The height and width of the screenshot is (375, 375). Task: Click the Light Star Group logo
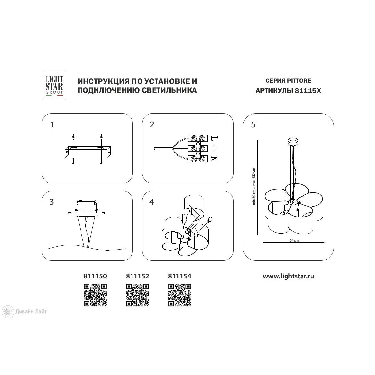point(54,86)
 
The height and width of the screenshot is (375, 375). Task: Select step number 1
point(52,124)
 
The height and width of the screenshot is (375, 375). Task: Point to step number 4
point(152,202)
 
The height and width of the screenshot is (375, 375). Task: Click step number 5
point(253,124)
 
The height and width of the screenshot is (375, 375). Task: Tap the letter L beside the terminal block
point(215,138)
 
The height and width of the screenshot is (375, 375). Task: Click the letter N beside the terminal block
point(214,158)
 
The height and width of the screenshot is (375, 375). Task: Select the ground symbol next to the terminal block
point(215,149)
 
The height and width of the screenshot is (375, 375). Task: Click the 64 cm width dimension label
point(294,240)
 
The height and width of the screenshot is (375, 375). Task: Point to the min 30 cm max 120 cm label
point(254,186)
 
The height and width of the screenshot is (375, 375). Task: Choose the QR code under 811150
point(95,295)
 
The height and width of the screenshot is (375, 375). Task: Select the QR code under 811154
point(180,295)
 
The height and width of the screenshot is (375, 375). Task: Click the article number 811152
point(138,276)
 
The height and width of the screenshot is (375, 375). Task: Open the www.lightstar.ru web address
point(288,277)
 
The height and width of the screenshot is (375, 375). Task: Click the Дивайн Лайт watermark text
point(31,311)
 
